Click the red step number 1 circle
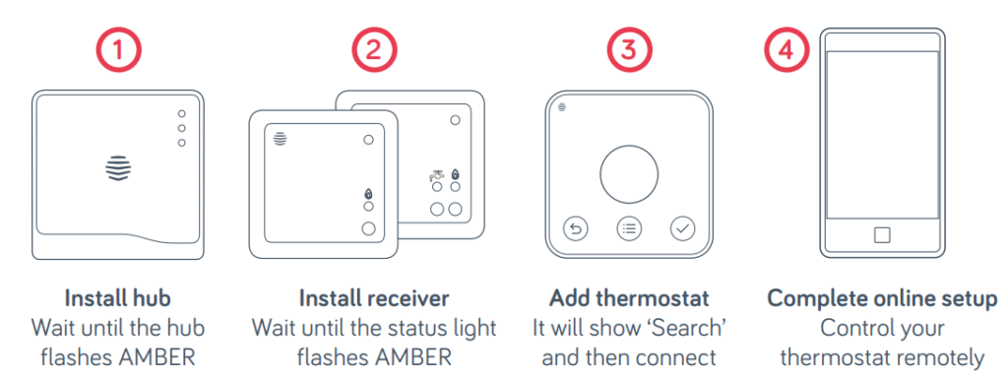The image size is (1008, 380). [118, 51]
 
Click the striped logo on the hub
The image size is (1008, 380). [118, 168]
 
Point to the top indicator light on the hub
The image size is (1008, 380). [181, 112]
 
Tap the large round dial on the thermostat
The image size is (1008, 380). [629, 174]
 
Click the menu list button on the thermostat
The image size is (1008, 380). [629, 229]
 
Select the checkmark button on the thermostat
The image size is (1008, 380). [682, 229]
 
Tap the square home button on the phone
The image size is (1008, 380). [881, 234]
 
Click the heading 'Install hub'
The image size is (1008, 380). [118, 298]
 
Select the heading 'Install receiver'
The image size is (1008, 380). [373, 298]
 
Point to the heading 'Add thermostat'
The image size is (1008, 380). [628, 298]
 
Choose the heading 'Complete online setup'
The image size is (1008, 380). [881, 298]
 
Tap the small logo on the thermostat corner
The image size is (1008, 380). [562, 107]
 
